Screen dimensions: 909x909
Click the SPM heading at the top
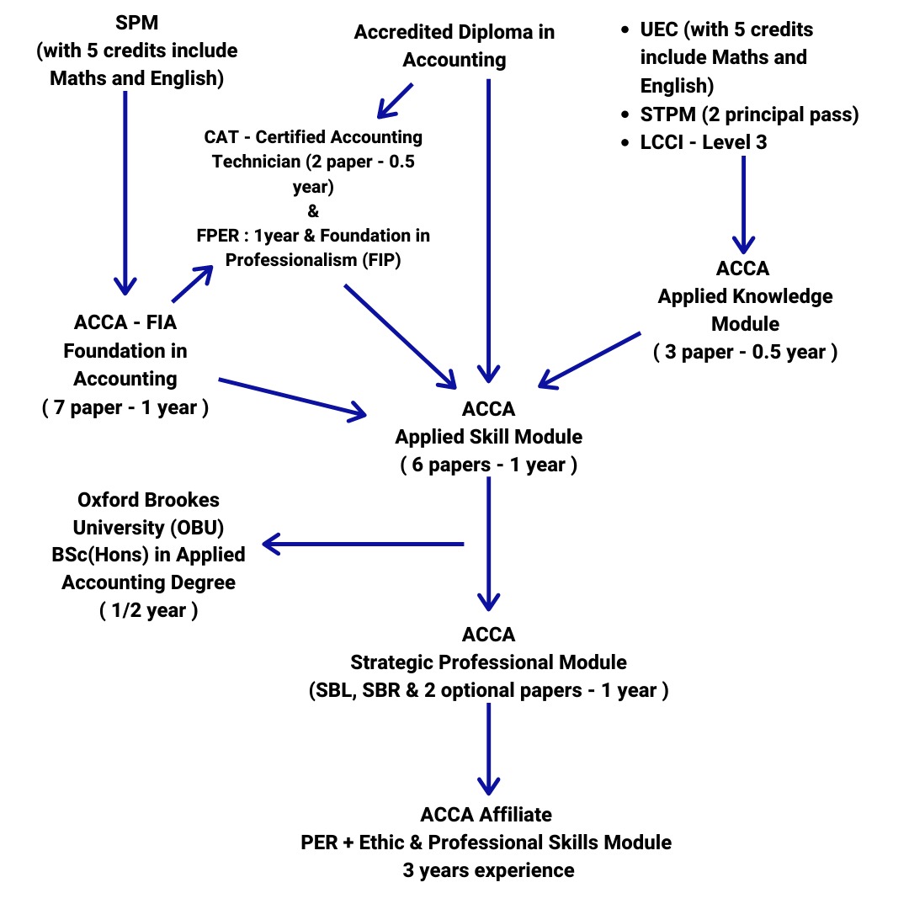pyautogui.click(x=137, y=23)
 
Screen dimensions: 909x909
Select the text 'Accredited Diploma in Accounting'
pyautogui.click(x=454, y=46)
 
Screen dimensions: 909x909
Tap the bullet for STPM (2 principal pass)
pyautogui.click(x=624, y=115)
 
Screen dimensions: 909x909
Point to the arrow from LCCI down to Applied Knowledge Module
pyautogui.click(x=742, y=202)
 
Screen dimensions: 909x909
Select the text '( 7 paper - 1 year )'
pyautogui.click(x=125, y=408)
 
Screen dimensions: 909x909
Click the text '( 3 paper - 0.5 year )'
pyautogui.click(x=745, y=352)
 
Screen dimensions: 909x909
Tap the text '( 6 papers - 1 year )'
pyautogui.click(x=489, y=465)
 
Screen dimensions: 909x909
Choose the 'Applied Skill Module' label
pyautogui.click(x=489, y=437)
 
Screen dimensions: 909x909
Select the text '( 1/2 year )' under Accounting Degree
pyautogui.click(x=148, y=611)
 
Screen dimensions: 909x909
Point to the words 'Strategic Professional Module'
pyautogui.click(x=489, y=662)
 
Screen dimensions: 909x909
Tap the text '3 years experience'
pyautogui.click(x=488, y=869)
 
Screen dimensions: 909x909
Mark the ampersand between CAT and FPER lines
pyautogui.click(x=314, y=210)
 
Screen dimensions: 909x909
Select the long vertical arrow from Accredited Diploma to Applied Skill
pyautogui.click(x=489, y=227)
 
